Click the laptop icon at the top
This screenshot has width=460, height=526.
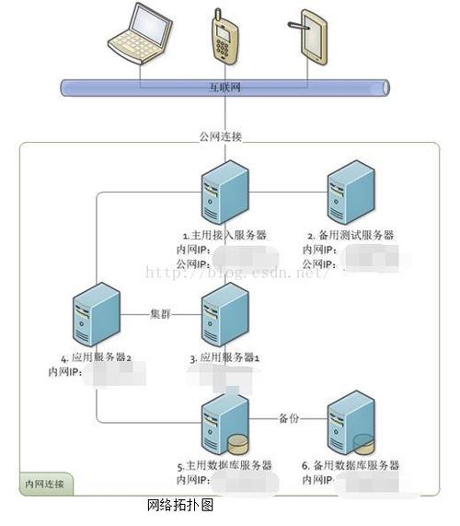(x=141, y=33)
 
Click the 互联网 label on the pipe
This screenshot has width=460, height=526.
(x=224, y=88)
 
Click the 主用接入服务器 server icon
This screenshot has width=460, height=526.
(x=225, y=192)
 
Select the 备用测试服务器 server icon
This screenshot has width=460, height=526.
(x=349, y=192)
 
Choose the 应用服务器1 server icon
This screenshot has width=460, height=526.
(x=225, y=313)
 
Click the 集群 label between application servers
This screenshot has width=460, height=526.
(x=161, y=313)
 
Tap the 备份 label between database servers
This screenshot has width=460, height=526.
(x=288, y=418)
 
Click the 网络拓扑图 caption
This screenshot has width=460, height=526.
(x=180, y=506)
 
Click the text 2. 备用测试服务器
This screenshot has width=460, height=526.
(x=350, y=236)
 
